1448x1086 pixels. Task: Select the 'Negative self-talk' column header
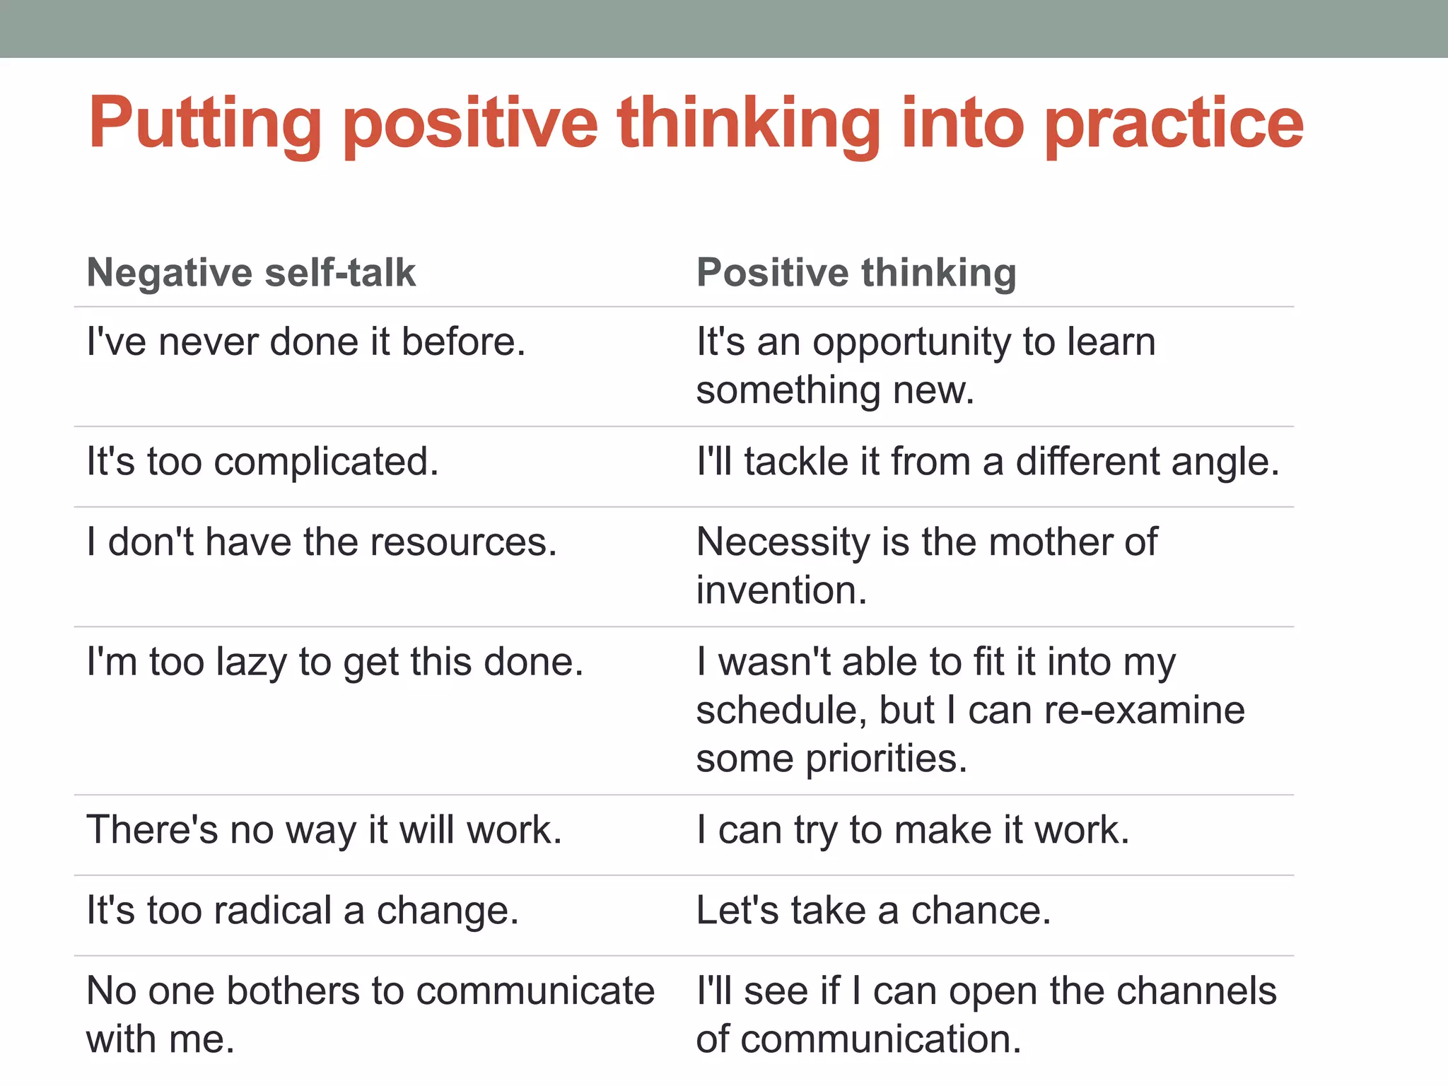(x=251, y=273)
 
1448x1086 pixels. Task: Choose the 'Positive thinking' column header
(x=856, y=273)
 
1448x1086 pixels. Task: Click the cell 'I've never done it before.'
(x=305, y=342)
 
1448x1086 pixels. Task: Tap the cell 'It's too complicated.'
(x=262, y=462)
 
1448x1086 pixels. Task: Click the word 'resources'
(x=463, y=542)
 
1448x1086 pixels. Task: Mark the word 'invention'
(x=781, y=590)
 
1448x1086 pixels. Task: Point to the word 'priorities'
(x=886, y=759)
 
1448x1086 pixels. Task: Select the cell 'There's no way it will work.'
(x=324, y=830)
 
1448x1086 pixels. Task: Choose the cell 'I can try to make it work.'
(x=913, y=830)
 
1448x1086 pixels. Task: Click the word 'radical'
(x=272, y=911)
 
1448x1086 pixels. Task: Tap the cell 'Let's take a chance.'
(x=873, y=911)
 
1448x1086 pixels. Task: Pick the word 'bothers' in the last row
(x=293, y=991)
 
